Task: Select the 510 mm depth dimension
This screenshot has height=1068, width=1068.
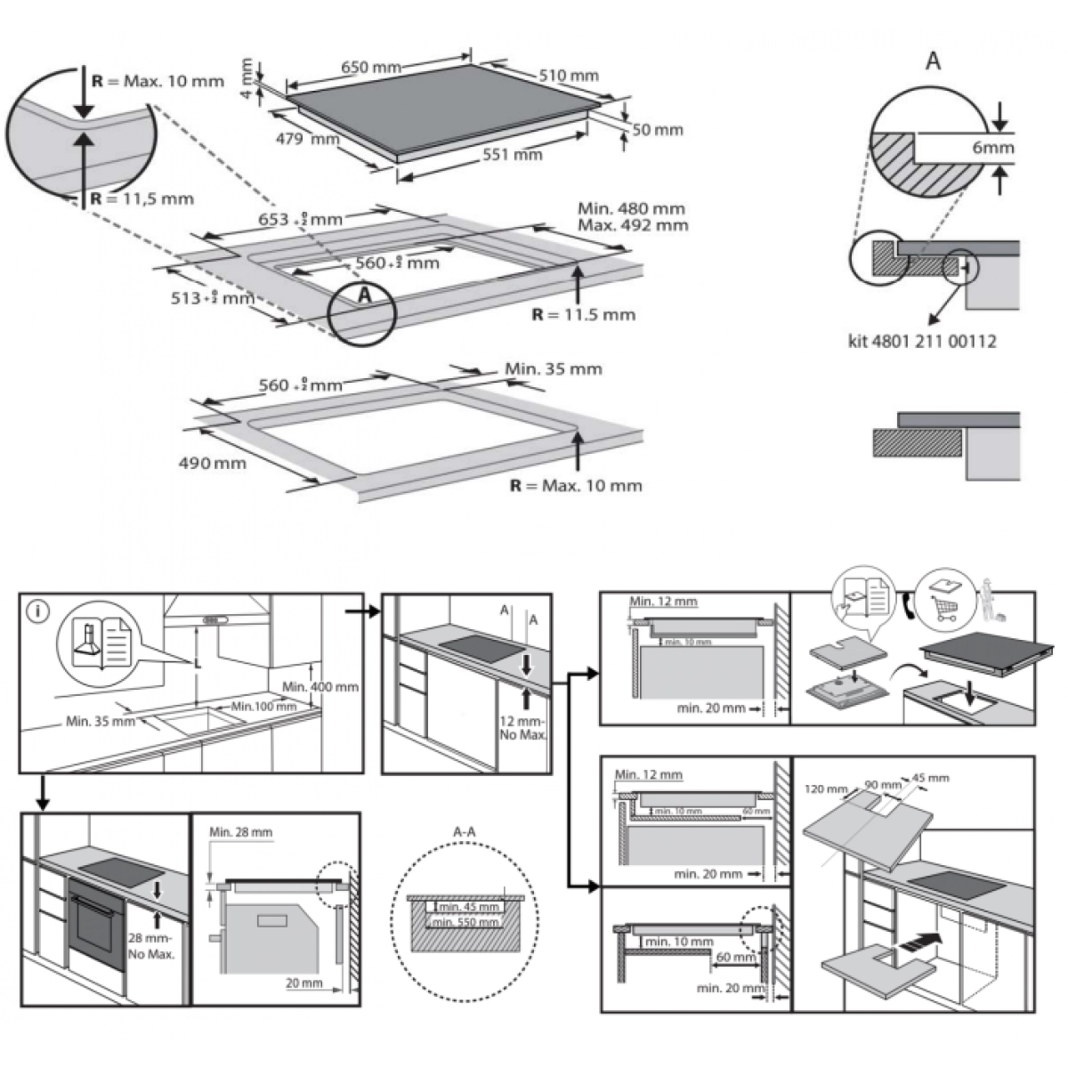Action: tap(569, 76)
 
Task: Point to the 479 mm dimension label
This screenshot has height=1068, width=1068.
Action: tap(307, 139)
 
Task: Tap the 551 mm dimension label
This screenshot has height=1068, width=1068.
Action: tap(512, 154)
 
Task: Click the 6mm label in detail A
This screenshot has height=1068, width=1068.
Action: tap(992, 148)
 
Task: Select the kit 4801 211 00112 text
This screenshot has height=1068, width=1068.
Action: tap(921, 341)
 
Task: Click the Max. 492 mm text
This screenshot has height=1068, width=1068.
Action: tap(633, 225)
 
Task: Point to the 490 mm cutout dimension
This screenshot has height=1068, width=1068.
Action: tap(212, 463)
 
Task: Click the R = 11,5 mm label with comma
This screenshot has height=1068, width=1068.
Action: tap(142, 198)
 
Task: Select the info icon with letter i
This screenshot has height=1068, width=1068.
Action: tap(38, 611)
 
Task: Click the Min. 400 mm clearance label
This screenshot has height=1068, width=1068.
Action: tap(320, 687)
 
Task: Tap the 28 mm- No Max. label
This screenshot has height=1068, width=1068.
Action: tap(150, 945)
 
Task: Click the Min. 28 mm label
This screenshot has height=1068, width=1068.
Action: tap(241, 832)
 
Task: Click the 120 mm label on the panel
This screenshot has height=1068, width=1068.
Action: tap(825, 789)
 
